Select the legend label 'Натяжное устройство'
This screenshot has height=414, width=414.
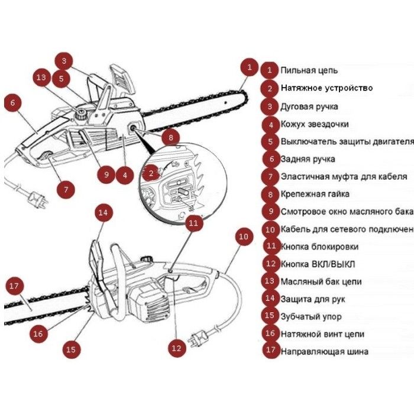326,88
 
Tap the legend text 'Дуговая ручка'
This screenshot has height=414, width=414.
309,106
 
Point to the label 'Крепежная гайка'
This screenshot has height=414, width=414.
315,194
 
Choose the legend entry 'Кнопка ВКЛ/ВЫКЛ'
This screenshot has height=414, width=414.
318,264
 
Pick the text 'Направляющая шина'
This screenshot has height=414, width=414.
324,351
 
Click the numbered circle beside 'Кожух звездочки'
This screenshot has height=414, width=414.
270,124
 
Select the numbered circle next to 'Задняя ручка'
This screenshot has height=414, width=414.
270,159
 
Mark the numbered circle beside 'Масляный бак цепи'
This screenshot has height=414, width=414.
270,282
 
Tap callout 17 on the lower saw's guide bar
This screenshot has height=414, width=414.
15,286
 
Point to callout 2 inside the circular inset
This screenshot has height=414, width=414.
151,173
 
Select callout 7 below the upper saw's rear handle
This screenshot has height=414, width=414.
65,190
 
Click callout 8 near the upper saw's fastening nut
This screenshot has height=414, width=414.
170,138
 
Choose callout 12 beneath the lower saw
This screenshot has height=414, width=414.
176,348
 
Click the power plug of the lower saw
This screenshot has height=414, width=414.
197,339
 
